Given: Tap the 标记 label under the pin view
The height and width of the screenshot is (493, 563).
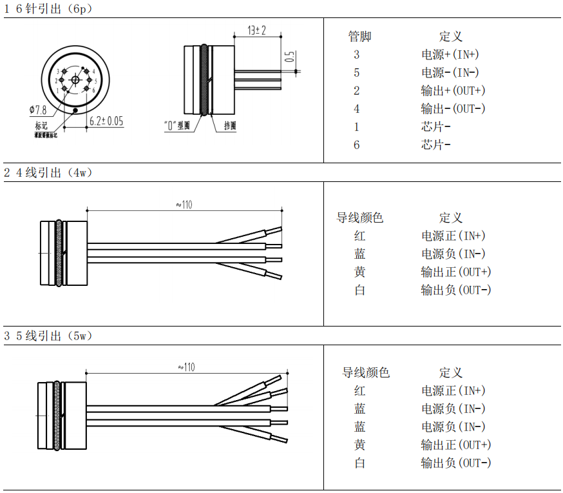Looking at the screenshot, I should coord(41,125).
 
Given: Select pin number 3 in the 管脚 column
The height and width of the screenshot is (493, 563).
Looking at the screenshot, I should coord(357,55).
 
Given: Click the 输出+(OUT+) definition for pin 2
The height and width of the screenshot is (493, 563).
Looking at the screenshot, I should coord(453,90).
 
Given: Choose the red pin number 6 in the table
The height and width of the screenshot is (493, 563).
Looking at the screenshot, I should coord(357,145).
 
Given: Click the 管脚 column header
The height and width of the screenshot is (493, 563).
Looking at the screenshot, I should coord(359,37).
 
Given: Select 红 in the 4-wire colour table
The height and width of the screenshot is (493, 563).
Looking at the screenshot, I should coord(359,236).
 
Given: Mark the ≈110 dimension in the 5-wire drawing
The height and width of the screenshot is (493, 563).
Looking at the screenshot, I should coord(186,367).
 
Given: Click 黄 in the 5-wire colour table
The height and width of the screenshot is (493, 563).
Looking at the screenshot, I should coord(359,445).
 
